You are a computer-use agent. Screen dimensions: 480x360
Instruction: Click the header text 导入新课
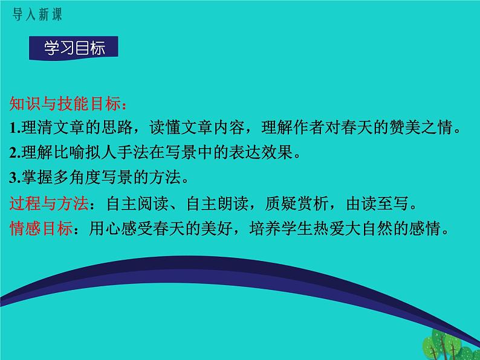[x=37, y=14]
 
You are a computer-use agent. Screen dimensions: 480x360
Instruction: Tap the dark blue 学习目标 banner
[x=74, y=48]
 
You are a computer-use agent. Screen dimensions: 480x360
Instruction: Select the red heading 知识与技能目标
[x=65, y=103]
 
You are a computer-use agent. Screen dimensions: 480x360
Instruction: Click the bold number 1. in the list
[x=15, y=128]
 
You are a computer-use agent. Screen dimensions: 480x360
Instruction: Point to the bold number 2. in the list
[x=15, y=153]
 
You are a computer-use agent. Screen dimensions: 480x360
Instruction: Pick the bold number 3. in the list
[x=15, y=178]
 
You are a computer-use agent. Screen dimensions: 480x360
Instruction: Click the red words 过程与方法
[x=49, y=203]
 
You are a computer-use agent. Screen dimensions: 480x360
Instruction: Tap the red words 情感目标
[x=41, y=228]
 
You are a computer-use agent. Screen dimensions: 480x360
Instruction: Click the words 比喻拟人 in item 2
[x=85, y=152]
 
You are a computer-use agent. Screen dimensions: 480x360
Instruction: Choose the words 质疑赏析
[x=296, y=203]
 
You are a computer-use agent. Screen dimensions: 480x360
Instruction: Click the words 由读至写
[x=377, y=203]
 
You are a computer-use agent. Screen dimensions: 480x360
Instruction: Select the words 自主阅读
[x=138, y=203]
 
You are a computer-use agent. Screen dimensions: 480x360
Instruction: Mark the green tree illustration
[x=447, y=345]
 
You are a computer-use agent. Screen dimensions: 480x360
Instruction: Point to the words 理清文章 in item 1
[x=53, y=127]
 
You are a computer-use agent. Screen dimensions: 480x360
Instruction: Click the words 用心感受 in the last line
[x=121, y=228]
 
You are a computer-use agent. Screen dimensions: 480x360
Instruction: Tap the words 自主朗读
[x=218, y=203]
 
